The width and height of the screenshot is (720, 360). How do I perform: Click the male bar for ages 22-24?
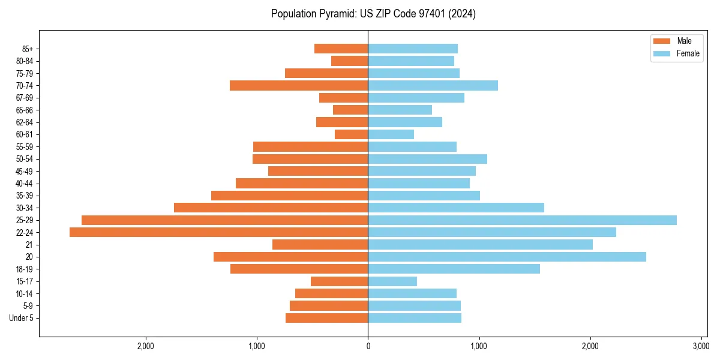click(218, 232)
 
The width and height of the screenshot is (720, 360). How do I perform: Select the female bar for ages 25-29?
click(522, 220)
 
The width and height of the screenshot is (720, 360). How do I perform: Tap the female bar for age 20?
click(507, 257)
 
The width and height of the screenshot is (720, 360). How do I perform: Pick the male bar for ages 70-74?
click(299, 86)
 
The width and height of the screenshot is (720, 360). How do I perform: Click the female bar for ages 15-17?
click(392, 281)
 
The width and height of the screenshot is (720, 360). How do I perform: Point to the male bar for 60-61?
click(351, 134)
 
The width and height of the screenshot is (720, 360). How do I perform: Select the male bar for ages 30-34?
click(271, 208)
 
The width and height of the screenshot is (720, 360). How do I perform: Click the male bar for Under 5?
click(326, 318)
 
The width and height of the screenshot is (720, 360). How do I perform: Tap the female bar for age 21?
click(480, 245)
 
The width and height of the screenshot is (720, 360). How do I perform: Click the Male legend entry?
click(676, 41)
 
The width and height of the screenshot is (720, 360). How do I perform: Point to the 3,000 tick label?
click(701, 346)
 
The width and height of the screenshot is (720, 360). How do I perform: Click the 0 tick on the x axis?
click(368, 346)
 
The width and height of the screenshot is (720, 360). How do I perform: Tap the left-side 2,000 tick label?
click(146, 346)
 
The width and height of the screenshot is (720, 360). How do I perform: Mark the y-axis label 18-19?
click(25, 269)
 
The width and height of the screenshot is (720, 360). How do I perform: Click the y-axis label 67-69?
click(25, 98)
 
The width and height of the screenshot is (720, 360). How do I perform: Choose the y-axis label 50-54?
click(25, 159)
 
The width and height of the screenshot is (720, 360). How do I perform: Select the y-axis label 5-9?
click(28, 306)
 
